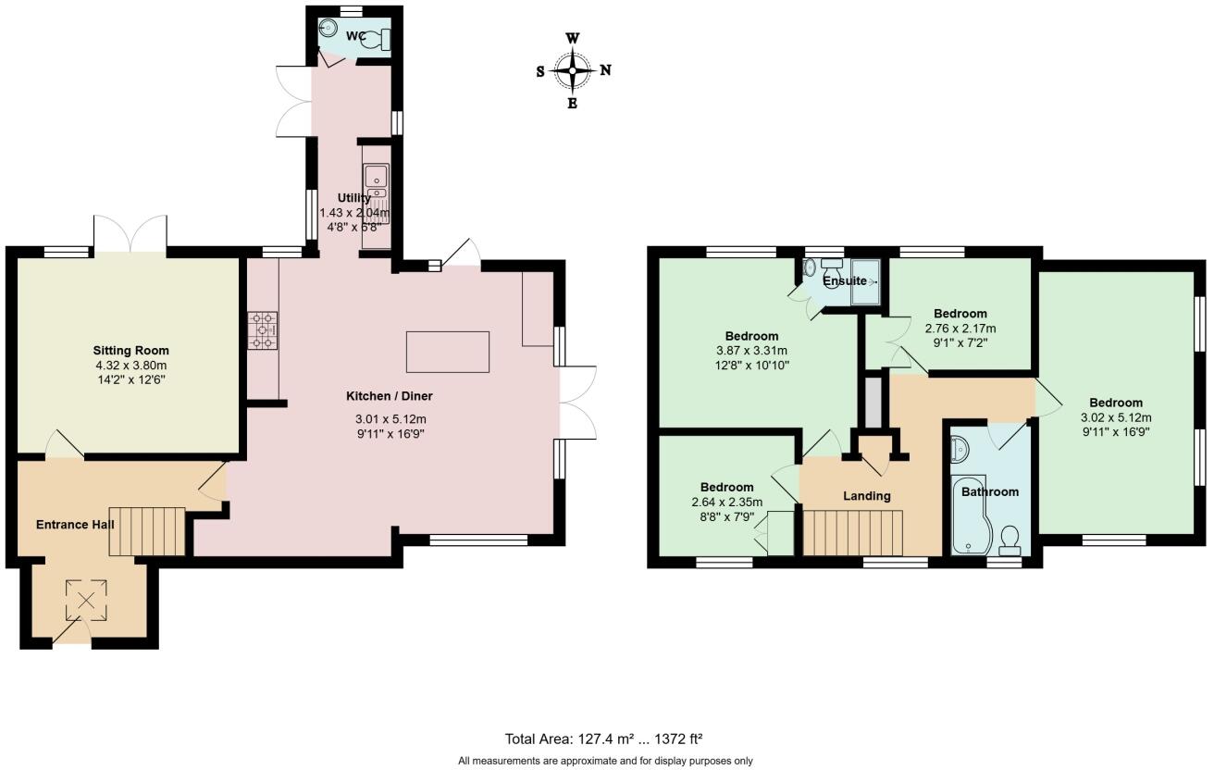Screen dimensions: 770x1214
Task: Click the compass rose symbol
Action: [573, 70]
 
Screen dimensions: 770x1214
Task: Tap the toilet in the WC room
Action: [382, 39]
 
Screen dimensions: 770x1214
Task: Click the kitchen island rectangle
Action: [447, 352]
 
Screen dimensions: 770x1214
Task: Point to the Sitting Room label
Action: [130, 351]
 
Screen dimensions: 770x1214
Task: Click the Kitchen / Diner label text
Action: [390, 396]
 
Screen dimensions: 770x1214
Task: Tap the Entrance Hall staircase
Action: [135, 530]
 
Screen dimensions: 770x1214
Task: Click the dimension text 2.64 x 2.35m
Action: [726, 503]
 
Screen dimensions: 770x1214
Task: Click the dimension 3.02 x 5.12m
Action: [1115, 417]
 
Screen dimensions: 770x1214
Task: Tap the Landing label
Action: [866, 496]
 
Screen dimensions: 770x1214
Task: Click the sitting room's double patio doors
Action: [130, 233]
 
